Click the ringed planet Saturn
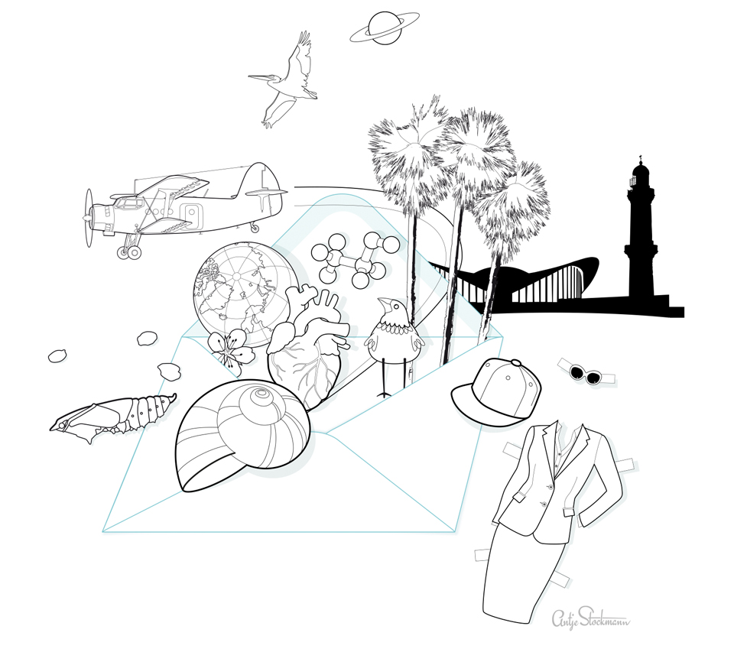point(385,28)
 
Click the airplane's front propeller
point(89,218)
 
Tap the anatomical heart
point(308,346)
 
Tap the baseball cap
point(496,391)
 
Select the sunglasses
point(586,372)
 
